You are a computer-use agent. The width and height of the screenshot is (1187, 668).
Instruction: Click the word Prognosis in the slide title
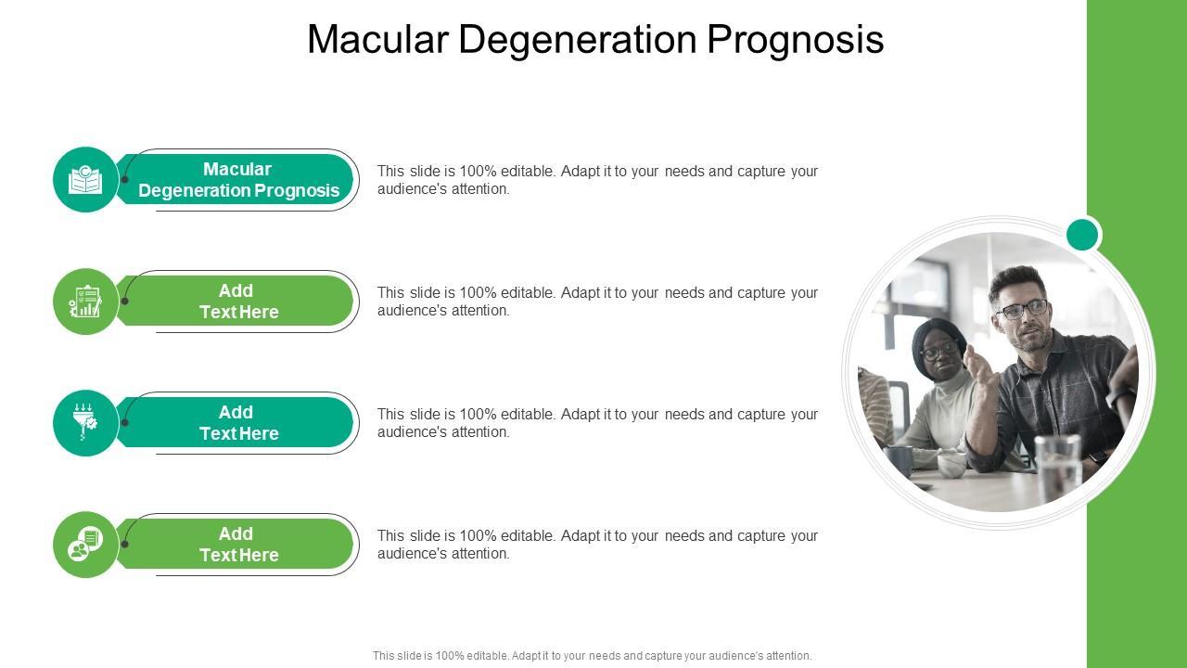pyautogui.click(x=795, y=40)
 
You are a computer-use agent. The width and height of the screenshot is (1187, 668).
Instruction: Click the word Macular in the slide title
pyautogui.click(x=379, y=40)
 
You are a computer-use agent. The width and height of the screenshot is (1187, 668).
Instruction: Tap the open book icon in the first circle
pyautogui.click(x=85, y=180)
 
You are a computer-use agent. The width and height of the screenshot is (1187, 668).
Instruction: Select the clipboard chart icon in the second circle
pyautogui.click(x=85, y=302)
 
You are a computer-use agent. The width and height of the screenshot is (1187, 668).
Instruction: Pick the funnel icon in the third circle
pyautogui.click(x=85, y=423)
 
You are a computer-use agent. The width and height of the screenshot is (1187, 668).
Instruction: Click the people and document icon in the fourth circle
pyautogui.click(x=85, y=545)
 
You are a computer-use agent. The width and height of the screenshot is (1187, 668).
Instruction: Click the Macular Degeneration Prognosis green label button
pyautogui.click(x=237, y=180)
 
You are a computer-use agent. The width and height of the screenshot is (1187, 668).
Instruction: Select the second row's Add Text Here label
pyautogui.click(x=237, y=302)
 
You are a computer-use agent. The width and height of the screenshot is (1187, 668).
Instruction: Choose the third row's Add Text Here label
pyautogui.click(x=237, y=423)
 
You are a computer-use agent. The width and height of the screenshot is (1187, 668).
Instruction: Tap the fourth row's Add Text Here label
pyautogui.click(x=237, y=545)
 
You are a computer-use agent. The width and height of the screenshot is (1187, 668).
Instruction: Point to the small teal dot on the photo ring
pyautogui.click(x=1082, y=235)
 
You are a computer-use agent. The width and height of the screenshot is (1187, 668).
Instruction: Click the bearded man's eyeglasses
pyautogui.click(x=1021, y=309)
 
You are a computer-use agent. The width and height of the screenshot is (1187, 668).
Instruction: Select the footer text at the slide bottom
pyautogui.click(x=592, y=656)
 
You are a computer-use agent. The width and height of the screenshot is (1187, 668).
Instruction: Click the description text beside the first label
pyautogui.click(x=597, y=180)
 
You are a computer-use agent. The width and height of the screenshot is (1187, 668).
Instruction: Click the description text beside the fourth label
pyautogui.click(x=597, y=545)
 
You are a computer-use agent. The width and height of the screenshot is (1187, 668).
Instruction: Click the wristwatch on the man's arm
pyautogui.click(x=1100, y=457)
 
